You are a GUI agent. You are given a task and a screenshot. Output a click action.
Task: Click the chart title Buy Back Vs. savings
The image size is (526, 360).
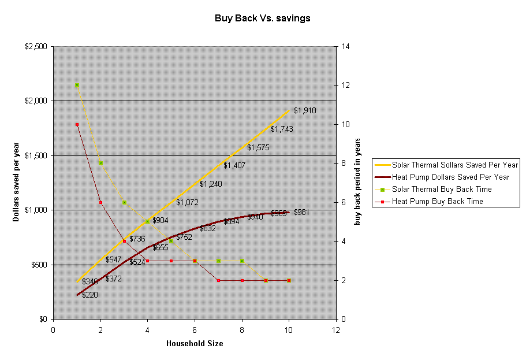pyautogui.click(x=263, y=18)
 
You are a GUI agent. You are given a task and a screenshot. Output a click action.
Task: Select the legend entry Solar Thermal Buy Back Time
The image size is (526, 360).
pyautogui.click(x=442, y=189)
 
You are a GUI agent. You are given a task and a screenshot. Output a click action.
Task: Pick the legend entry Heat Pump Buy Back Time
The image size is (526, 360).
pyautogui.click(x=437, y=202)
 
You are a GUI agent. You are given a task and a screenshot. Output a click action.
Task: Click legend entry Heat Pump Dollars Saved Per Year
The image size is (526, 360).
pyautogui.click(x=450, y=177)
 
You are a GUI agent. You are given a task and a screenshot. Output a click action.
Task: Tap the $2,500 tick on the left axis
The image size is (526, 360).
pyautogui.click(x=36, y=46)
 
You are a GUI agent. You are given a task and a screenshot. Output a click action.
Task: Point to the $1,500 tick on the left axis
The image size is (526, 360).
pyautogui.click(x=36, y=155)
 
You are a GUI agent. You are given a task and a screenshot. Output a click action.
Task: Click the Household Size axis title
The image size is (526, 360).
pyautogui.click(x=195, y=343)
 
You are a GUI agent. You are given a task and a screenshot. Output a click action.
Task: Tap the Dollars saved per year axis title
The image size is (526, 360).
pyautogui.click(x=16, y=183)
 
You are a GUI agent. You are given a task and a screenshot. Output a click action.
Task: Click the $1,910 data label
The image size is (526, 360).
pyautogui.click(x=305, y=110)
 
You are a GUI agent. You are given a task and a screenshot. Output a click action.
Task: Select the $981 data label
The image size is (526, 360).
pyautogui.click(x=301, y=212)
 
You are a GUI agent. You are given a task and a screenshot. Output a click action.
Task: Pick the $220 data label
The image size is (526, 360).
pyautogui.click(x=89, y=295)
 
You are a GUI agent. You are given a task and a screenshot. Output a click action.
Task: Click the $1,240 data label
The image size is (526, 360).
pyautogui.click(x=211, y=184)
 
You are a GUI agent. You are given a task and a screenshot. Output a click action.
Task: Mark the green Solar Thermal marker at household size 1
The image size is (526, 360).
pyautogui.click(x=77, y=85)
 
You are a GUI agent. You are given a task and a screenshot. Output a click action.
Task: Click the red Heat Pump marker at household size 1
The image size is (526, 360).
pyautogui.click(x=77, y=124)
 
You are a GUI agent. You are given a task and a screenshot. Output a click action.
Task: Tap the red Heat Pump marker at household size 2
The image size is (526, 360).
pyautogui.click(x=100, y=202)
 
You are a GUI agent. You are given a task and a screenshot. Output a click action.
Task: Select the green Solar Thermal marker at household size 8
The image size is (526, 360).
pyautogui.click(x=242, y=261)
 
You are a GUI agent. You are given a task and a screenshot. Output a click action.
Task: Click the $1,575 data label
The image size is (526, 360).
pyautogui.click(x=258, y=147)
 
